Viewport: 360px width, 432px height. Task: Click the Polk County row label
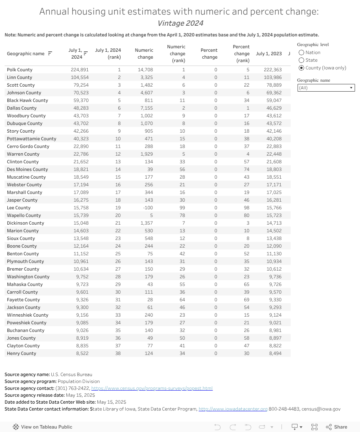[20, 70]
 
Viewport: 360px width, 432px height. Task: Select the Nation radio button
[301, 53]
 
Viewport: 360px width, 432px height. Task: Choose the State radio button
[301, 60]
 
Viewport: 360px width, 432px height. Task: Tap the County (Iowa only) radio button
[301, 68]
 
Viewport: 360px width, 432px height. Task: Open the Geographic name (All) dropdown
[326, 88]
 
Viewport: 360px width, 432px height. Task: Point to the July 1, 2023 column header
[269, 54]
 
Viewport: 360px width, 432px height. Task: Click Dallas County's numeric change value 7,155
[146, 108]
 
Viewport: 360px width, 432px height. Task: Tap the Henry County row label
[21, 353]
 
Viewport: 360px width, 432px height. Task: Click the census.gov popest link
[152, 388]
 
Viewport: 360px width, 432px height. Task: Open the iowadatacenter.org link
[233, 409]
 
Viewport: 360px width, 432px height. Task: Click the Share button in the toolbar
[337, 427]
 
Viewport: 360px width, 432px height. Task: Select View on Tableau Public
[43, 427]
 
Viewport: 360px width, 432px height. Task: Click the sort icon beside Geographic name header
[50, 54]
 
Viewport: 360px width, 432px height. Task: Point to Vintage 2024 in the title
[180, 23]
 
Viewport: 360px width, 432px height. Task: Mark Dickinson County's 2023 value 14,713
[274, 223]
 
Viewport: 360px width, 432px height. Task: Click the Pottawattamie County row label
[31, 139]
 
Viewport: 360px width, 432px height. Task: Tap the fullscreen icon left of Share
[314, 427]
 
